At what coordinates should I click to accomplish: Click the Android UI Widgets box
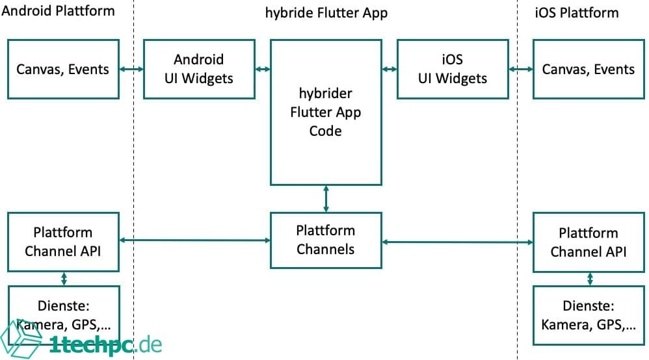tap(199, 69)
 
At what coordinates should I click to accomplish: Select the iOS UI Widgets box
tap(453, 69)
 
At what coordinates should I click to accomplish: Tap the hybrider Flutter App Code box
tap(326, 112)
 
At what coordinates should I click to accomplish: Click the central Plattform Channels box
tap(326, 240)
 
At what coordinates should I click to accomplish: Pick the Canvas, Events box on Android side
tap(63, 69)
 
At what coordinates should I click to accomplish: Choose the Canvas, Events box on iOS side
tap(589, 69)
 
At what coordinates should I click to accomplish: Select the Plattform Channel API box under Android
tap(63, 242)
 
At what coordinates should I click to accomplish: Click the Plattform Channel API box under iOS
tap(589, 242)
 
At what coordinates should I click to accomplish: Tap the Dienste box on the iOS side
tap(589, 316)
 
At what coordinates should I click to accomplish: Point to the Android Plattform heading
tap(59, 11)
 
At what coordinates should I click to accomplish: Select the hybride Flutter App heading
tap(326, 12)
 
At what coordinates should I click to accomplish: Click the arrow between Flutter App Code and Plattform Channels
tap(326, 198)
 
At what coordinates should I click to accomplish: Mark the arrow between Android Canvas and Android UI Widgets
tap(131, 69)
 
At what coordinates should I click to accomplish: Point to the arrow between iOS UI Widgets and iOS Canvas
tap(520, 69)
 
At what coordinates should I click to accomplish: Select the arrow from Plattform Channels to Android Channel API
tap(195, 240)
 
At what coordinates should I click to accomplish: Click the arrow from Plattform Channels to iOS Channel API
tap(458, 242)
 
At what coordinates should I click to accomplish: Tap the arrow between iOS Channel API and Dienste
tap(590, 279)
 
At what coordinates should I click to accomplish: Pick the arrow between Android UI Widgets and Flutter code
tap(263, 69)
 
